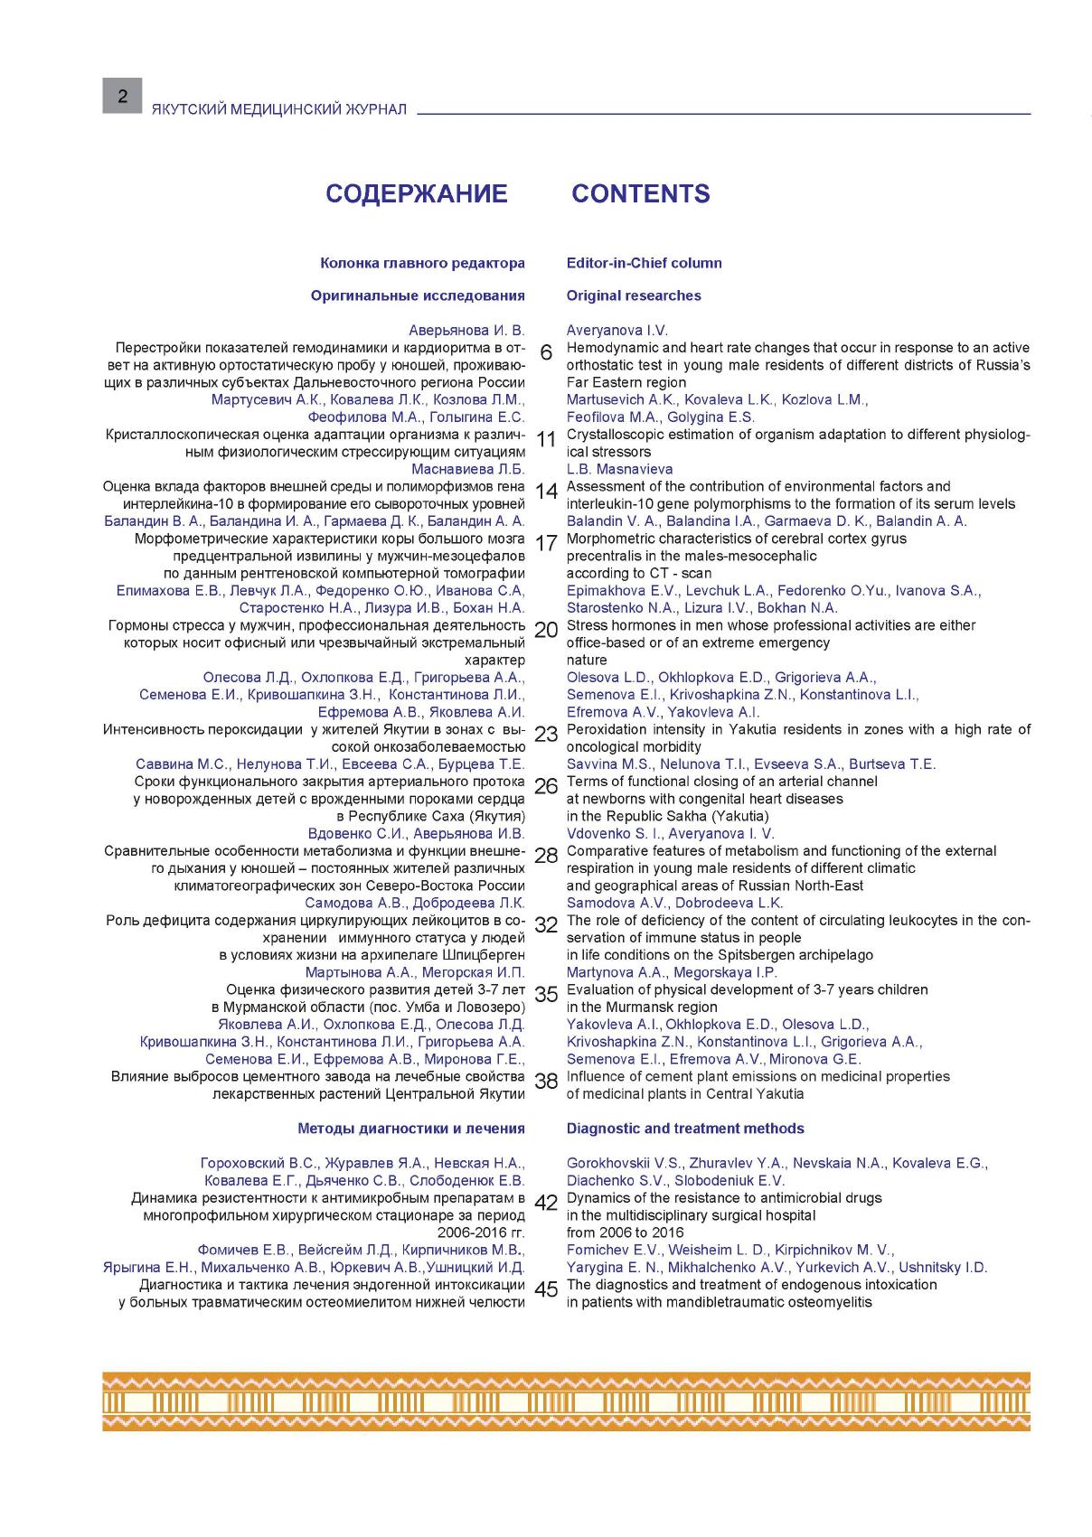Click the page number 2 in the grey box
pos(122,95)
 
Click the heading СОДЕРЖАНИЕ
pos(416,193)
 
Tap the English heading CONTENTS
pos(640,193)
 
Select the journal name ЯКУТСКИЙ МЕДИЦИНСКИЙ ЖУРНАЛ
pos(279,109)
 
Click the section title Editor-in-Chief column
pos(644,263)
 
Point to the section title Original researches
pos(633,295)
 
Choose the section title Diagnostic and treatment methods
pos(684,1129)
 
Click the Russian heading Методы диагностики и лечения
pos(410,1129)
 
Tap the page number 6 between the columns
pos(546,353)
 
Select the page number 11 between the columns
pos(546,440)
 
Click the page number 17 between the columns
pos(546,544)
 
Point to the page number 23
pos(546,735)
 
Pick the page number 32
pos(546,925)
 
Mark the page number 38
pos(546,1082)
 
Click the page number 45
pos(546,1290)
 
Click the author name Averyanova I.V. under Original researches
pos(617,331)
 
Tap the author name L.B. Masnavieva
pos(619,469)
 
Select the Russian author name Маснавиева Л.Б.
pos(467,469)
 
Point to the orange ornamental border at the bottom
pos(566,1401)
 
